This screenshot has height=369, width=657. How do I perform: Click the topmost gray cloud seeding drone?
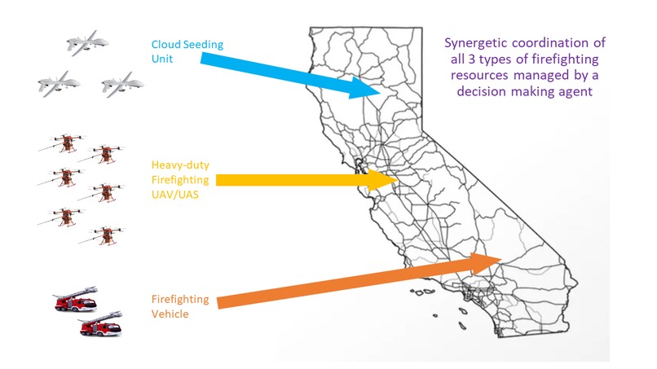(x=87, y=42)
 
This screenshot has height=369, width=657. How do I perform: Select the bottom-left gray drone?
(x=59, y=84)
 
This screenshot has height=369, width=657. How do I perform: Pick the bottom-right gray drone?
(x=122, y=85)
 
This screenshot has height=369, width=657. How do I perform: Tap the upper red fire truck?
(x=76, y=299)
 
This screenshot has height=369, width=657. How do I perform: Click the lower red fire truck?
(x=100, y=323)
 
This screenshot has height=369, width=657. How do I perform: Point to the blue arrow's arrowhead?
(x=365, y=88)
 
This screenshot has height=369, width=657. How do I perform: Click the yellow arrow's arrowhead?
(x=383, y=180)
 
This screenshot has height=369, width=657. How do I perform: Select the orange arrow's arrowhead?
(x=485, y=262)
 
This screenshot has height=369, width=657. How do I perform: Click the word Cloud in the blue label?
(x=166, y=45)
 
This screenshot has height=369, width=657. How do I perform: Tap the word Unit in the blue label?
(x=162, y=59)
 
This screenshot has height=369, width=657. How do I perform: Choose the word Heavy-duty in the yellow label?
(x=180, y=165)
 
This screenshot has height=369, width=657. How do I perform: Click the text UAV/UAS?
(x=175, y=195)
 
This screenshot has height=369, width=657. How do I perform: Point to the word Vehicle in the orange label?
(x=170, y=314)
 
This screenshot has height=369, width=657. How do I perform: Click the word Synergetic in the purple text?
(x=474, y=43)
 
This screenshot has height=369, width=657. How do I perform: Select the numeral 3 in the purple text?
(x=471, y=59)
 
